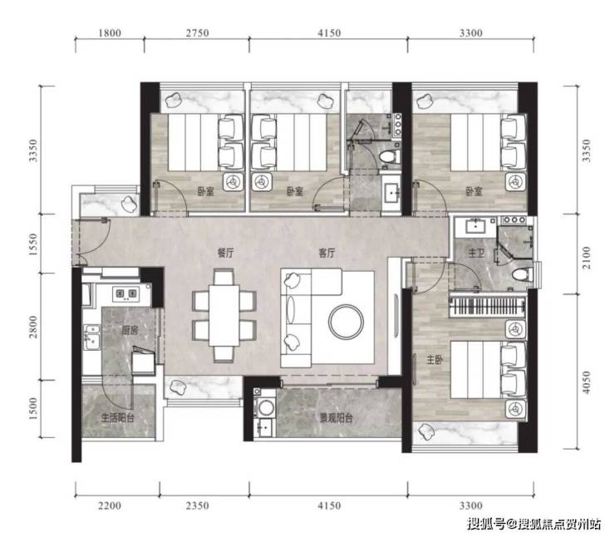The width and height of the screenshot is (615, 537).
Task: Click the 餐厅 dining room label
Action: click(x=225, y=253)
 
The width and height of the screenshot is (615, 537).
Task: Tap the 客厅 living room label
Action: click(x=327, y=253)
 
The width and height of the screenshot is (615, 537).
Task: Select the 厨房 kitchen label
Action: click(x=130, y=330)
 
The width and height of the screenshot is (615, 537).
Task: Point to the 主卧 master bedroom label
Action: click(x=435, y=359)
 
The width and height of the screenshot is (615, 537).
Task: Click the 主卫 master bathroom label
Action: click(x=476, y=254)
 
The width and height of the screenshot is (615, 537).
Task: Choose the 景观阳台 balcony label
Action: click(x=336, y=418)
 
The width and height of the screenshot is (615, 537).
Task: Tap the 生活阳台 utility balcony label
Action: click(x=118, y=418)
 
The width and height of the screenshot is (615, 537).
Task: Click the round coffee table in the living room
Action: click(x=347, y=322)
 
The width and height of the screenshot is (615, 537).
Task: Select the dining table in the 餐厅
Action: click(x=224, y=315)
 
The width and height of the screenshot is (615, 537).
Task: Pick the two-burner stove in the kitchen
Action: click(x=126, y=293)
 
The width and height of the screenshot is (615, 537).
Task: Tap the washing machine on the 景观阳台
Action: click(x=265, y=407)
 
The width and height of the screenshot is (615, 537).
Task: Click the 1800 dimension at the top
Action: click(x=110, y=33)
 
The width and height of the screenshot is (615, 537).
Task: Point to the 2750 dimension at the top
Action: click(x=197, y=33)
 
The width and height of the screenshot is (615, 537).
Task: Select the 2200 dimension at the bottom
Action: click(x=110, y=505)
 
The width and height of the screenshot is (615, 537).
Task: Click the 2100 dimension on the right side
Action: click(x=586, y=258)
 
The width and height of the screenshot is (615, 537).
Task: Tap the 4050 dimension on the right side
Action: click(x=586, y=382)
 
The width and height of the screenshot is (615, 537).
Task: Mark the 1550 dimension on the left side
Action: click(x=33, y=244)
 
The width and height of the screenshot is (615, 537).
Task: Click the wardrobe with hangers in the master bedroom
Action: click(x=487, y=306)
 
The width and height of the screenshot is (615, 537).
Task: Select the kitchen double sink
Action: click(x=91, y=337)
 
